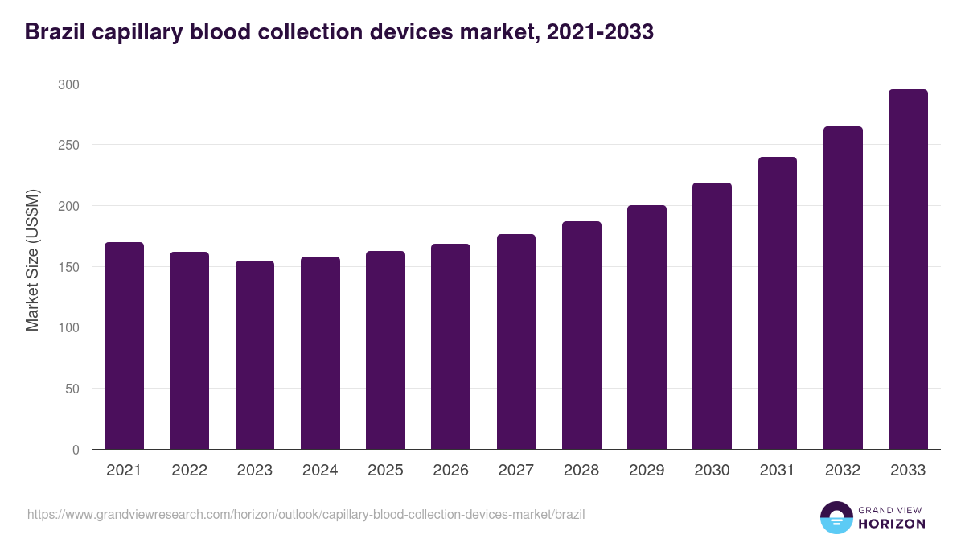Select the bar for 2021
pyautogui.click(x=124, y=346)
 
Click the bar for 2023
pyautogui.click(x=255, y=355)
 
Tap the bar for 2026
pyautogui.click(x=450, y=347)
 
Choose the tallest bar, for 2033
pyautogui.click(x=908, y=269)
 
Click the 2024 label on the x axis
pyautogui.click(x=320, y=471)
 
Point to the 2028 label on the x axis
pyautogui.click(x=581, y=471)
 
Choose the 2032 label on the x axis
pyautogui.click(x=843, y=471)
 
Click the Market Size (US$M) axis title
pyautogui.click(x=32, y=261)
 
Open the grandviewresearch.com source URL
pyautogui.click(x=306, y=513)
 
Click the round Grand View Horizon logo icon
pyautogui.click(x=836, y=517)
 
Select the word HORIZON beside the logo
pyautogui.click(x=892, y=524)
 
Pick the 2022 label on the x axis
pyautogui.click(x=189, y=471)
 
